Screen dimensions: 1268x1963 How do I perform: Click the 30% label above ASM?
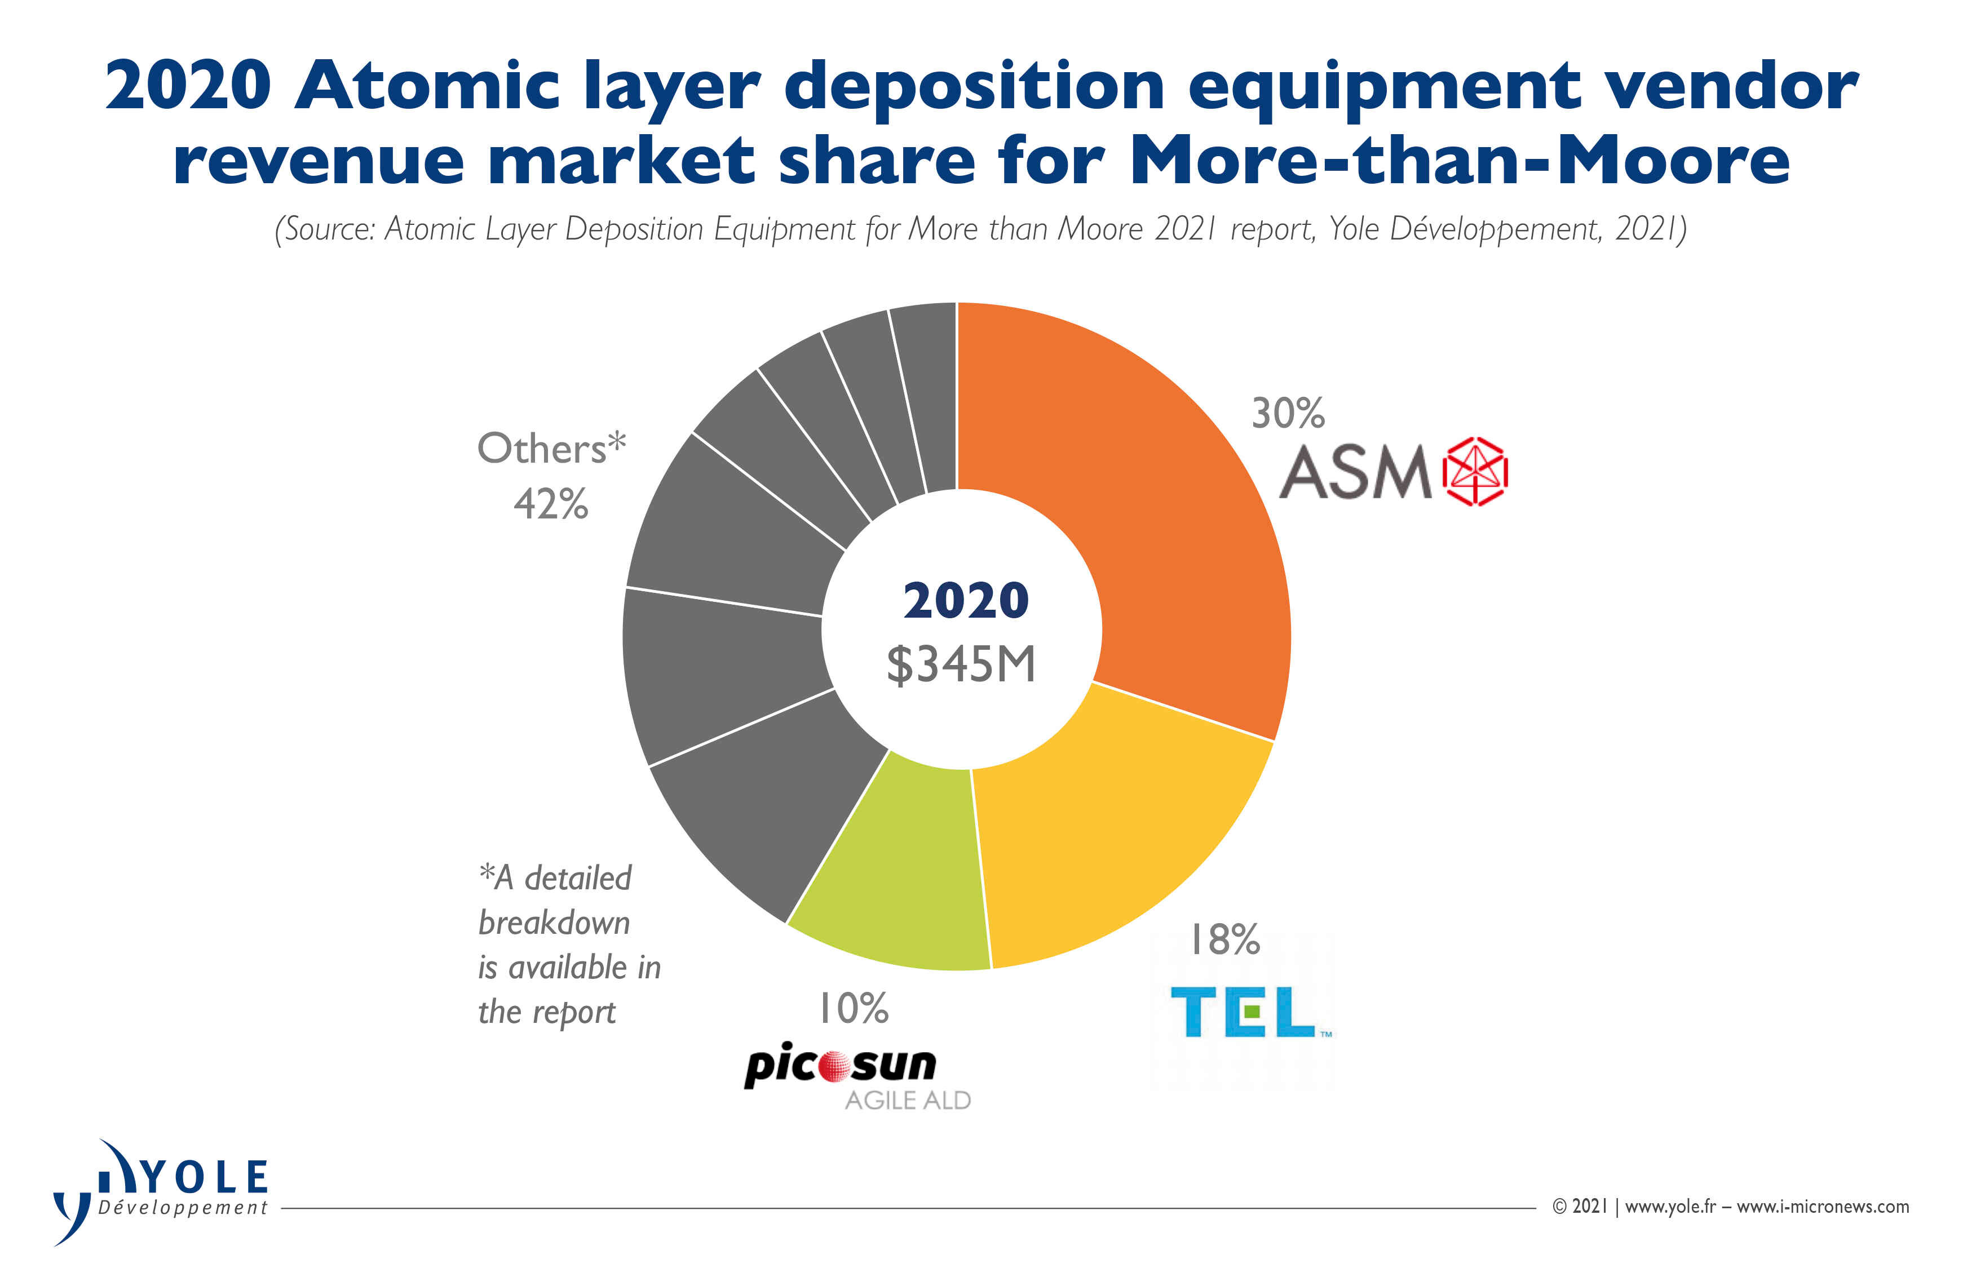(1287, 413)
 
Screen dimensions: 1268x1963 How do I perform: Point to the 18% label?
(1224, 939)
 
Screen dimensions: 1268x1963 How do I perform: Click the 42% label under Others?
(550, 504)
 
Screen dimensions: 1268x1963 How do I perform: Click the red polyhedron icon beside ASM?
(1475, 472)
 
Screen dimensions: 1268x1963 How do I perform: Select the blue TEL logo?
(1243, 1013)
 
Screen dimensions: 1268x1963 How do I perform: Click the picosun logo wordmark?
(840, 1065)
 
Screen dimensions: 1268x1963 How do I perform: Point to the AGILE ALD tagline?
(908, 1101)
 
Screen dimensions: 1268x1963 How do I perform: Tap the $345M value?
(961, 664)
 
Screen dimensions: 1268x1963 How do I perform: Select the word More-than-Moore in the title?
(1459, 161)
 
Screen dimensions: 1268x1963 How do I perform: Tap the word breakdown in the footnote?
(554, 923)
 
